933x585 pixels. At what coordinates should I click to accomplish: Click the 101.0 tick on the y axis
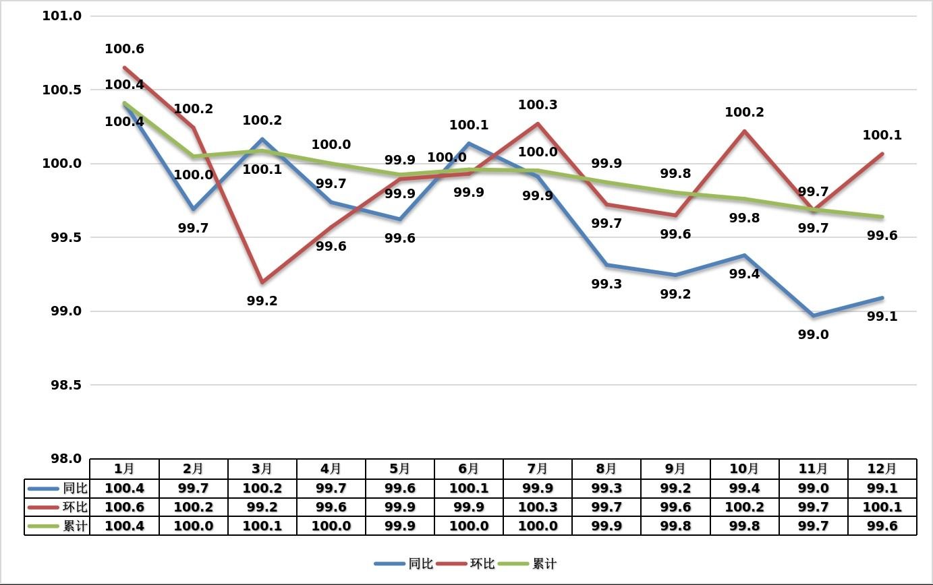pyautogui.click(x=61, y=16)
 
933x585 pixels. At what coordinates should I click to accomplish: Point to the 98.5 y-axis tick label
pyautogui.click(x=61, y=385)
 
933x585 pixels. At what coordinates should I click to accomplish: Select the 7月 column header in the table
pyautogui.click(x=537, y=468)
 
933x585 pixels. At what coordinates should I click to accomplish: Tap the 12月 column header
pyautogui.click(x=881, y=468)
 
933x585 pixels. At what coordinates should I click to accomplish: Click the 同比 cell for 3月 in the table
pyautogui.click(x=262, y=488)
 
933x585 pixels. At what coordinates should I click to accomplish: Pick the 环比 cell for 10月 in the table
pyautogui.click(x=743, y=507)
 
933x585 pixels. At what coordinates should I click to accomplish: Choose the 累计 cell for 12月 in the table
pyautogui.click(x=881, y=526)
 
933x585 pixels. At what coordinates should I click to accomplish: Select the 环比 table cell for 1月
pyautogui.click(x=124, y=507)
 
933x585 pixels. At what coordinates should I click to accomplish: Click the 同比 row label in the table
pyautogui.click(x=74, y=488)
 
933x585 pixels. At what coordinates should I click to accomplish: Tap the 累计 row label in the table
pyautogui.click(x=74, y=526)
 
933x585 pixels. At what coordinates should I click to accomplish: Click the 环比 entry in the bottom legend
pyautogui.click(x=482, y=563)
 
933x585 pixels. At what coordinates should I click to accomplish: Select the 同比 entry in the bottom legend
pyautogui.click(x=420, y=563)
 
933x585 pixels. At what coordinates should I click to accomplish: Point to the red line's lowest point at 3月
pyautogui.click(x=262, y=282)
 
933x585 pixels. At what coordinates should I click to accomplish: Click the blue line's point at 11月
pyautogui.click(x=813, y=315)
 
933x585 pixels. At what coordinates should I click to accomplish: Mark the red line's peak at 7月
pyautogui.click(x=538, y=123)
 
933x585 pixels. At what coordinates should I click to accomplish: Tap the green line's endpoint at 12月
pyautogui.click(x=882, y=217)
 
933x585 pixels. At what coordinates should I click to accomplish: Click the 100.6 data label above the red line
pyautogui.click(x=124, y=49)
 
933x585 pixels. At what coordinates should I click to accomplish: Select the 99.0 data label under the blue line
pyautogui.click(x=813, y=335)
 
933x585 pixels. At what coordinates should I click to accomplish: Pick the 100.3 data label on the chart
pyautogui.click(x=538, y=105)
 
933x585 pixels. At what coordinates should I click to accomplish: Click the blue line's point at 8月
pyautogui.click(x=606, y=265)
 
